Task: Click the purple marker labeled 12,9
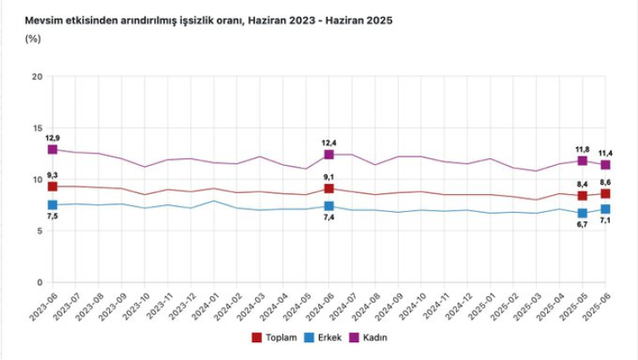point(53,149)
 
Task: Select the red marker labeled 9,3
point(53,186)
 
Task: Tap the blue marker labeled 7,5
point(53,205)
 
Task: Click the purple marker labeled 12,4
point(329,154)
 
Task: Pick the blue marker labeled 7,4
point(329,206)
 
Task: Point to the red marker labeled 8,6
point(606,194)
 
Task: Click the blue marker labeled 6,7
point(583,214)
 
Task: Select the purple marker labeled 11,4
point(606,165)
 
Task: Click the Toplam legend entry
point(273,338)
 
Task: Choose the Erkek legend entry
point(322,338)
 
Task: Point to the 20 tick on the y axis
point(37,77)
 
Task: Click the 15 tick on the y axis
point(37,129)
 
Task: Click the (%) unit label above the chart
point(33,38)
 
